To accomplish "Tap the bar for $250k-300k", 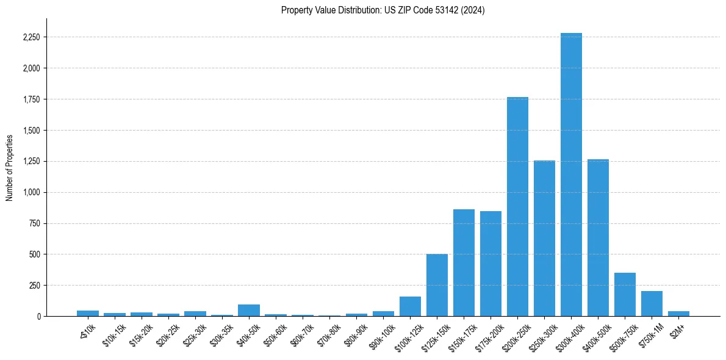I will point(544,238).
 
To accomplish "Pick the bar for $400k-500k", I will point(598,237).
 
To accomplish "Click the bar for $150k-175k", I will point(464,262).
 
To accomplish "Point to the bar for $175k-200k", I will point(491,264).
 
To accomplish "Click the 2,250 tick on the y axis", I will point(31,37).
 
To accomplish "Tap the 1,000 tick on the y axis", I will point(31,192).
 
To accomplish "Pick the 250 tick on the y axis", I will point(34,285).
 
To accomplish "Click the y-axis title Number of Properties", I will point(9,167).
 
